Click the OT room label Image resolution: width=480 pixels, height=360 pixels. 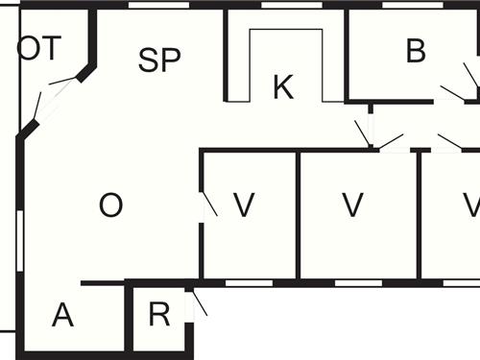tap(39, 50)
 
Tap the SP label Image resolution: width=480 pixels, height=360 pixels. tap(159, 60)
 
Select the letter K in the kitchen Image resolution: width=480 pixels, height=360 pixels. tap(282, 86)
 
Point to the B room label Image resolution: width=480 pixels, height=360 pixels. tap(416, 51)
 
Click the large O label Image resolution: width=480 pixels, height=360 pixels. tap(111, 205)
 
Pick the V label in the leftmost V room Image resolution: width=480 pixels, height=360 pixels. tap(244, 204)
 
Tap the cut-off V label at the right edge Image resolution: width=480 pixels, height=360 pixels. tap(470, 204)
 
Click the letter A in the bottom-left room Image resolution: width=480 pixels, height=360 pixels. tap(62, 315)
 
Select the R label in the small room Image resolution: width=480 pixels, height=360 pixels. tap(159, 315)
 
